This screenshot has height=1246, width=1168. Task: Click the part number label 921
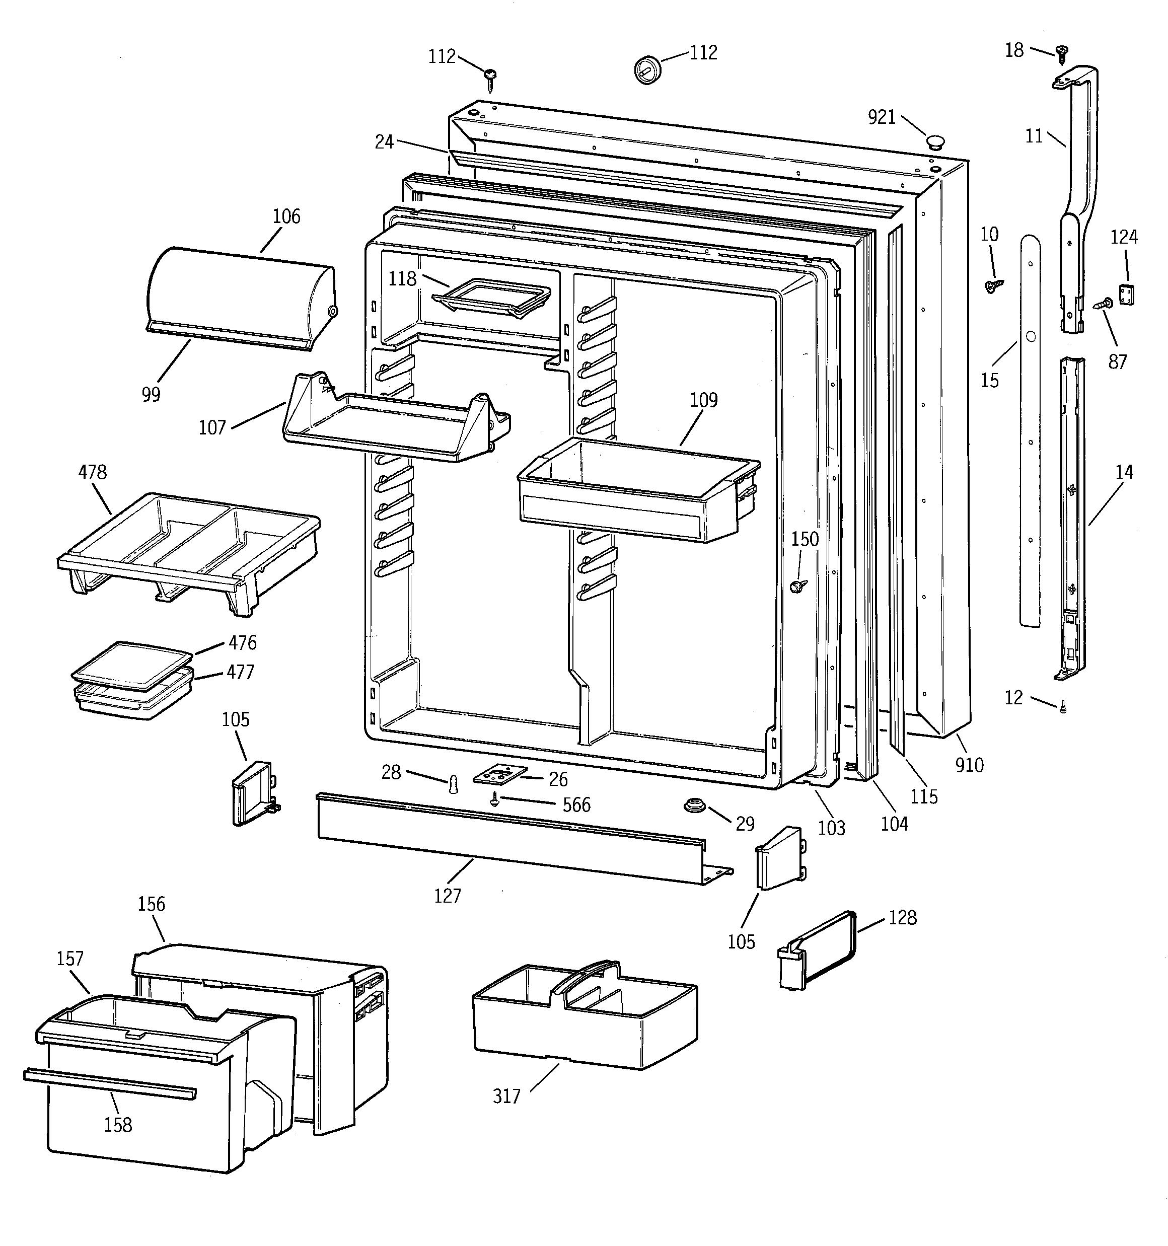click(881, 117)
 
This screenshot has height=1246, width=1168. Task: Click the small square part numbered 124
click(1127, 294)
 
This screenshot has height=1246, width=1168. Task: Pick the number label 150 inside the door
click(805, 539)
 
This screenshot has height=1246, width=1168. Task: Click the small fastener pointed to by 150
click(797, 586)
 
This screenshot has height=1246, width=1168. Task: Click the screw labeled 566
click(495, 798)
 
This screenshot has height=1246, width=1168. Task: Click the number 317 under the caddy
click(506, 1096)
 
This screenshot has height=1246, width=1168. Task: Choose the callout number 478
click(92, 472)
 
